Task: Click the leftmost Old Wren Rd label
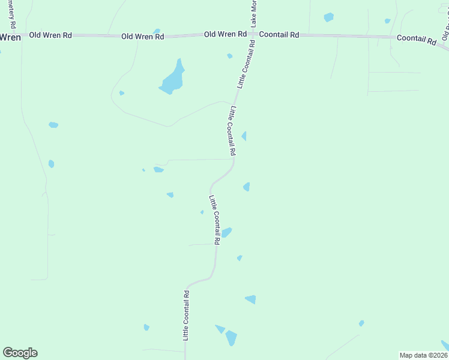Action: click(x=50, y=36)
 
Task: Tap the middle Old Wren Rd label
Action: click(x=142, y=37)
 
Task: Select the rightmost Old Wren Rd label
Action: click(x=225, y=34)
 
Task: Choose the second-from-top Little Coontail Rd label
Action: click(x=234, y=131)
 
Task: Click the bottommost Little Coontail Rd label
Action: click(x=186, y=316)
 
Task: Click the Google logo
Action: click(x=20, y=353)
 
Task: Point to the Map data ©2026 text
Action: click(x=423, y=355)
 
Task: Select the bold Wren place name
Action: click(x=10, y=37)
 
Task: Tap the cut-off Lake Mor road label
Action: click(x=254, y=13)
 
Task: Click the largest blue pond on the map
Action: click(x=172, y=79)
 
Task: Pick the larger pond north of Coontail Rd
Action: click(x=328, y=17)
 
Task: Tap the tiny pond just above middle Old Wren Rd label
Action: click(x=157, y=31)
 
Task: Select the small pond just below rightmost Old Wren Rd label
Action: click(x=230, y=56)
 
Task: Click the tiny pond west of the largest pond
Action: click(x=122, y=93)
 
